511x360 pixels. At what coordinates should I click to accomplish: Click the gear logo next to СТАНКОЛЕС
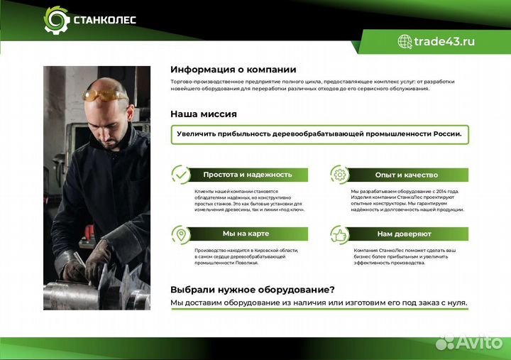[x=57, y=21]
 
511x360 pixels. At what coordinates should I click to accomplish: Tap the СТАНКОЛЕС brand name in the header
[x=104, y=21]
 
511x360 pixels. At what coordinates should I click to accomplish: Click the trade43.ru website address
[x=445, y=41]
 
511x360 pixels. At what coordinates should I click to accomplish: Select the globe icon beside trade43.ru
[x=405, y=41]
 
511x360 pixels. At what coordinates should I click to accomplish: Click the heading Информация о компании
[x=233, y=70]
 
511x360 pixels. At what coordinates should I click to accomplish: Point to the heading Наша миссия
[x=203, y=114]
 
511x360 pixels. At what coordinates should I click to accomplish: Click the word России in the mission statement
[x=444, y=133]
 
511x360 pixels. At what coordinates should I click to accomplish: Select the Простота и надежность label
[x=247, y=175]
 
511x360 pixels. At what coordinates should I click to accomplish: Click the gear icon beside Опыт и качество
[x=340, y=175]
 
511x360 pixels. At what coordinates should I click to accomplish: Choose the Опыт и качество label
[x=406, y=175]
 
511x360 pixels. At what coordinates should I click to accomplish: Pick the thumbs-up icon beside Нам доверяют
[x=340, y=234]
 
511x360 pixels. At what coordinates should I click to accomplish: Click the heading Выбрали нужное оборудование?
[x=252, y=290]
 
